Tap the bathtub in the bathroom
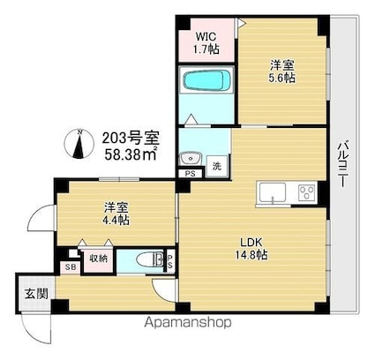[207, 83]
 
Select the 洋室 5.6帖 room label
[282, 71]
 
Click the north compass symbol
[80, 146]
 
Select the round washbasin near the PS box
[188, 159]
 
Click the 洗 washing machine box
[216, 165]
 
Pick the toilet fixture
[155, 259]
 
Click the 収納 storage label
[98, 258]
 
